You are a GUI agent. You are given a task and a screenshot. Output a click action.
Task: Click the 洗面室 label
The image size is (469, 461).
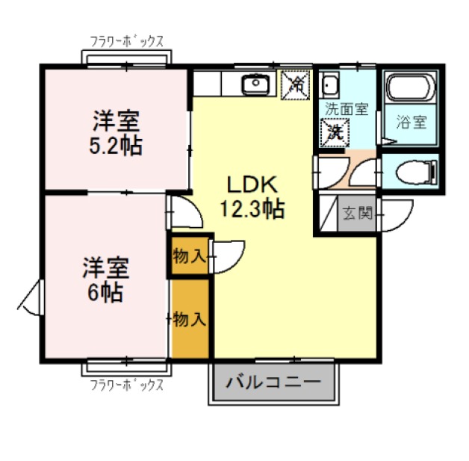pos(346,108)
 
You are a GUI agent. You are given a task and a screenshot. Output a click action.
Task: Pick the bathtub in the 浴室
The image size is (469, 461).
pos(411,90)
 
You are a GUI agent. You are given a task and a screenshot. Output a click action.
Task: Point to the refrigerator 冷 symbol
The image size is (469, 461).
pos(296,84)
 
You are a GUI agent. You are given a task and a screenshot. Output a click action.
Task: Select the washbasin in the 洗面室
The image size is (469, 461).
pos(330,84)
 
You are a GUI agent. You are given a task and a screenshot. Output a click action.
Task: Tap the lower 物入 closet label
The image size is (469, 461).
pos(189,319)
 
